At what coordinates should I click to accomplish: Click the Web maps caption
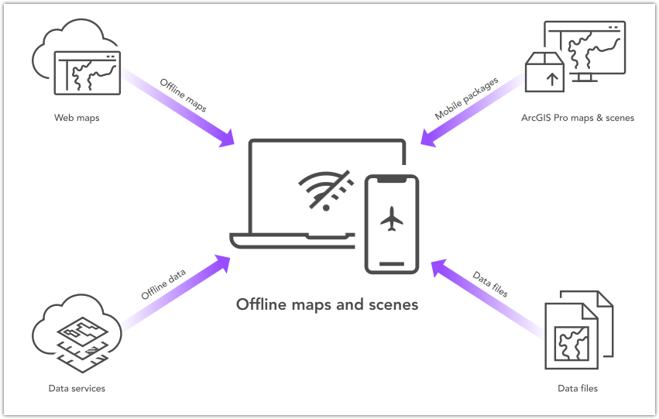click(x=77, y=118)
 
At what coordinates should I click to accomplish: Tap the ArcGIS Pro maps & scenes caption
click(x=578, y=118)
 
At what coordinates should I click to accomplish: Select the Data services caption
click(x=77, y=388)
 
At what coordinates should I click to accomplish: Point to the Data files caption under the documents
click(x=578, y=388)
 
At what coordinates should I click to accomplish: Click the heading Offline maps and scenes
click(x=327, y=304)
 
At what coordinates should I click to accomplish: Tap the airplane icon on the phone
click(x=393, y=221)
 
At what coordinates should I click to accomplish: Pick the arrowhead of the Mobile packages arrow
click(x=428, y=137)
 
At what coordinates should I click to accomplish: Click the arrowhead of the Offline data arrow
click(x=225, y=261)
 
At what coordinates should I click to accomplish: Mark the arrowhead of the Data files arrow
click(x=438, y=267)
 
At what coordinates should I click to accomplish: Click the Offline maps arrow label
click(x=183, y=95)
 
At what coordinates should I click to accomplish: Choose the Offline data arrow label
click(x=163, y=284)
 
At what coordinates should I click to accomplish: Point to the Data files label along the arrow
click(x=490, y=284)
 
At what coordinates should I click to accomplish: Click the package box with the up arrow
click(x=544, y=72)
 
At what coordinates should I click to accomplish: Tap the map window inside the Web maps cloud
click(x=87, y=73)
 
